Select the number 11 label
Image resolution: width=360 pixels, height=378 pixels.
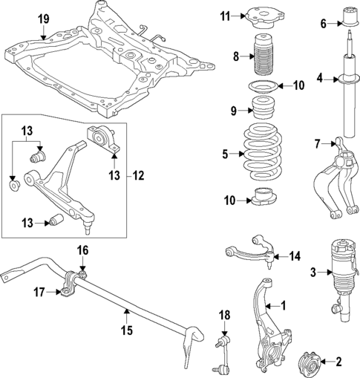point(226,15)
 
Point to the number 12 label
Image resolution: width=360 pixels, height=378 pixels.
point(139,176)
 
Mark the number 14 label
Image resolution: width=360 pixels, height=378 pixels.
point(295,257)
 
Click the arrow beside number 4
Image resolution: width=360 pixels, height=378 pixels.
point(330,77)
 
